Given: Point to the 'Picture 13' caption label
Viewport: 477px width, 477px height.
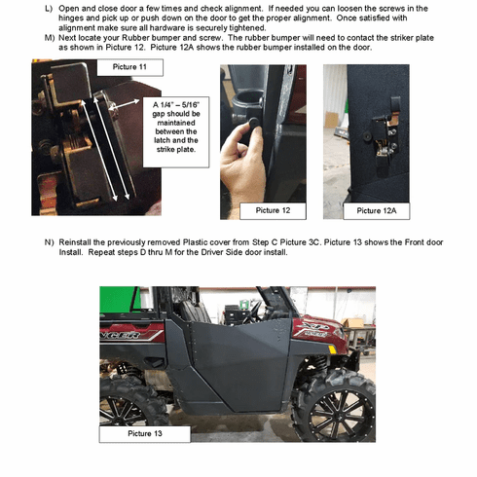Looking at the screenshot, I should pos(146,433).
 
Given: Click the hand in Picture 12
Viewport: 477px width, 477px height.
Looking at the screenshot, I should pos(245,156).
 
